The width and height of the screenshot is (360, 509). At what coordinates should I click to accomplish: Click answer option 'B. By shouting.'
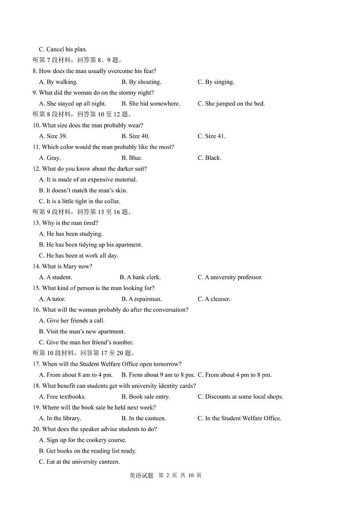[141, 82]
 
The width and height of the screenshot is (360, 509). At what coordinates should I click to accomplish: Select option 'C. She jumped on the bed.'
[231, 104]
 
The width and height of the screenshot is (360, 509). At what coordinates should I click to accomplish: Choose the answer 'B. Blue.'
[132, 158]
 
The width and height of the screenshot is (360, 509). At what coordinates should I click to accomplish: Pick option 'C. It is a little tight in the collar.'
[79, 201]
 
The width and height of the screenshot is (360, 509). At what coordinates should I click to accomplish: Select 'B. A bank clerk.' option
[140, 277]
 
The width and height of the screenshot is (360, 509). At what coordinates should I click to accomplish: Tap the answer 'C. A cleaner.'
[214, 299]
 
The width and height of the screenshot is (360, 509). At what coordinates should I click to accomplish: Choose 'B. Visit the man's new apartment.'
[82, 332]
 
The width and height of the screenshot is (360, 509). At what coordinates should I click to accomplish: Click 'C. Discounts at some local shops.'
[240, 397]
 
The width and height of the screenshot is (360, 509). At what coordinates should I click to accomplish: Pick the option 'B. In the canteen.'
[144, 418]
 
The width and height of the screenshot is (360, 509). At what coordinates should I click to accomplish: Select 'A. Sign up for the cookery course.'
[83, 440]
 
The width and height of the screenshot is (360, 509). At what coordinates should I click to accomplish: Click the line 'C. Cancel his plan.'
[63, 49]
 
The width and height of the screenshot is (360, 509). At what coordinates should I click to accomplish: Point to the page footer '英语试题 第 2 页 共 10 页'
[165, 475]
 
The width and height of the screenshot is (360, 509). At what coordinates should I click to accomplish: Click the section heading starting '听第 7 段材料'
[77, 60]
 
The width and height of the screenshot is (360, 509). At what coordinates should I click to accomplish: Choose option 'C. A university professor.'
[230, 277]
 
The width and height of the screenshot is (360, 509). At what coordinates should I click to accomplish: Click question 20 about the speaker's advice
[99, 429]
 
